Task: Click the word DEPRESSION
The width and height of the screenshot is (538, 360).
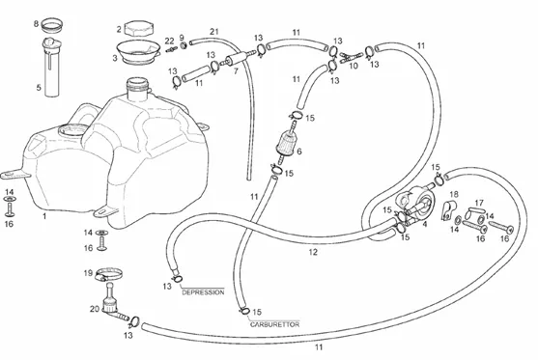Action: pos(203,292)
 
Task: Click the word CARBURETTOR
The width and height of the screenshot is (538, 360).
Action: pos(274,324)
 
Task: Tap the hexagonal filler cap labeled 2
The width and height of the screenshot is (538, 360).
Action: pos(139,28)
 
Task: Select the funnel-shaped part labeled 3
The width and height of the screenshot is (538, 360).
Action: pos(137,52)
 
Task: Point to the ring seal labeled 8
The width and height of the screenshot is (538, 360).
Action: pos(52,24)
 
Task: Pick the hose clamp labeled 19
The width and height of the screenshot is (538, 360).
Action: pos(109,273)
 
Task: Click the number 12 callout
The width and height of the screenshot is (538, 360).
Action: pos(313,252)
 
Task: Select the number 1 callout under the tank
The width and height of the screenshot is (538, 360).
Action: pos(44,216)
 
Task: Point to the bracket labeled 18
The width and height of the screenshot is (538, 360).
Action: pos(449,210)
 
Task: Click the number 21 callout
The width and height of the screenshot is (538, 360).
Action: pos(214,32)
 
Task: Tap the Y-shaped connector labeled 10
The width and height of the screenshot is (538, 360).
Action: pos(351,57)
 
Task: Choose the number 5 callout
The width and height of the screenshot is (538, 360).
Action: pos(39,88)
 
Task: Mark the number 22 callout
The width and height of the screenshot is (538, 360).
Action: pos(169,42)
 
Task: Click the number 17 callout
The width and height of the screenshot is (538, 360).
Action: pos(479,203)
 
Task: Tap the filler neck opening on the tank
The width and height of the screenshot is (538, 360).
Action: pos(137,82)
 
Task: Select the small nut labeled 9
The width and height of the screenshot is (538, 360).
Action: pos(184,45)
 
